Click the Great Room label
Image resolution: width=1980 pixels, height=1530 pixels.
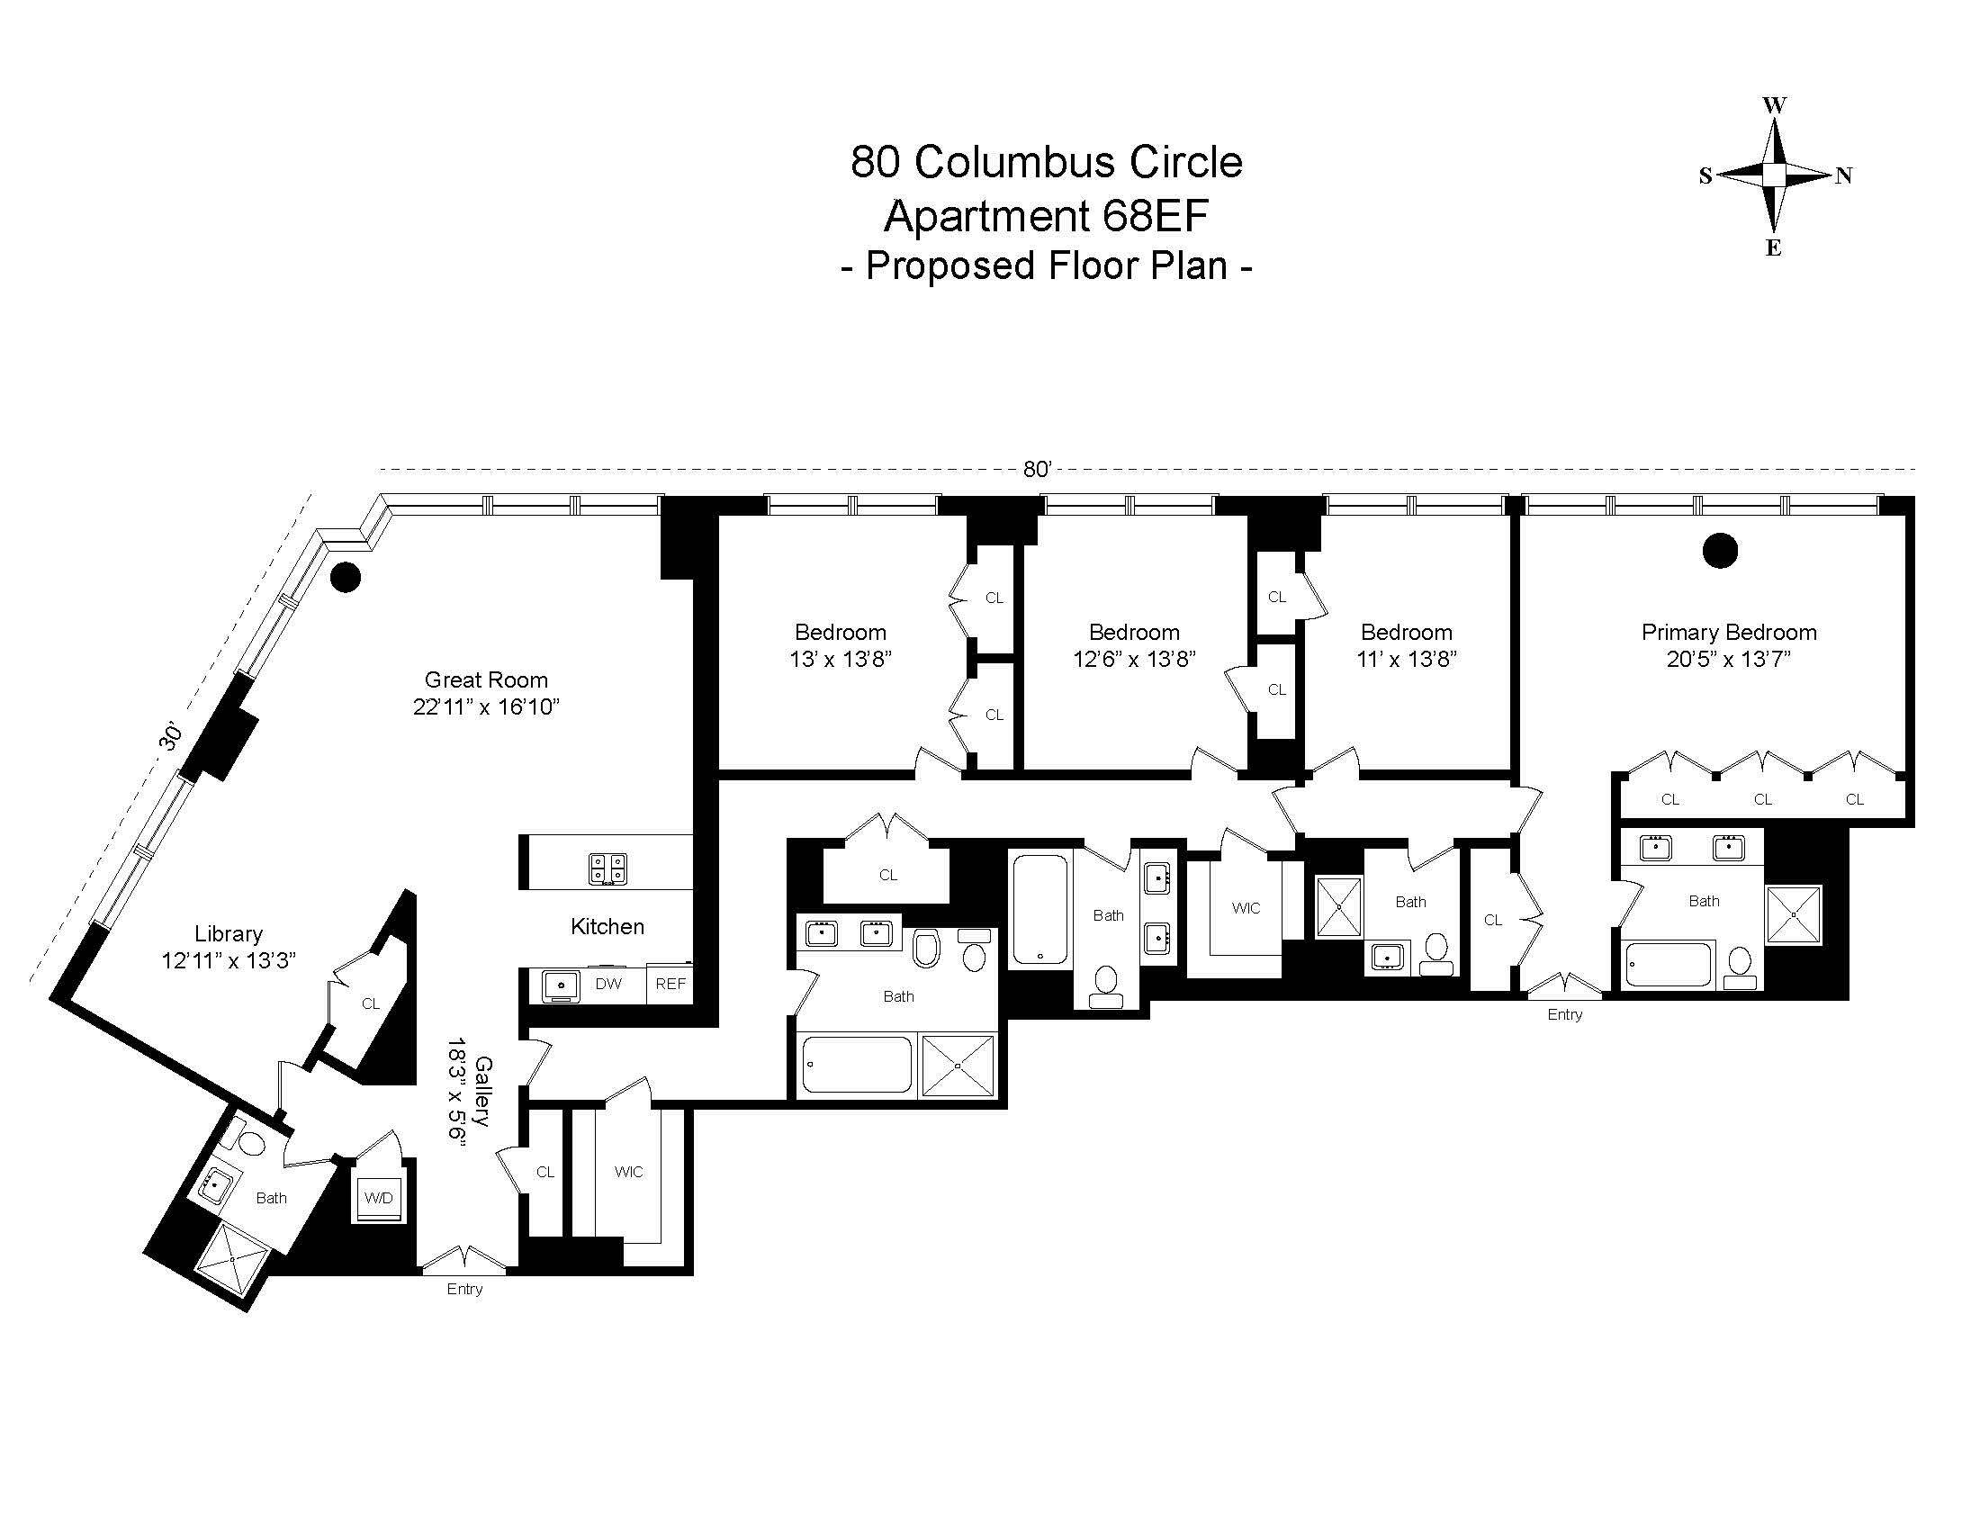point(486,679)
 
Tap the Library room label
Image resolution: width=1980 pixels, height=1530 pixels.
point(229,933)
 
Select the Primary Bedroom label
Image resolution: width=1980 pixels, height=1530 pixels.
point(1728,633)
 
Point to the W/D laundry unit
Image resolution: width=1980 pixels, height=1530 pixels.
point(379,1198)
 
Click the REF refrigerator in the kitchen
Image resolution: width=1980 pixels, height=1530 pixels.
point(670,984)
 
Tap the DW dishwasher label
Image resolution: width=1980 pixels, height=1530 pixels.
point(608,984)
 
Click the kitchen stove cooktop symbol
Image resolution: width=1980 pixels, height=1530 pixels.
point(608,869)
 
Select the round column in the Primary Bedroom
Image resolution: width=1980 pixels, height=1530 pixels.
point(1720,550)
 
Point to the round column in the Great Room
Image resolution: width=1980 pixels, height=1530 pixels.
point(346,577)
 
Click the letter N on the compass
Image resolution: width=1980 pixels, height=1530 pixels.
point(1843,175)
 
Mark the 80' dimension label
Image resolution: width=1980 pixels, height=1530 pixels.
point(1037,469)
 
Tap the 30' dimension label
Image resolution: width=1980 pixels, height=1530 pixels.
point(170,738)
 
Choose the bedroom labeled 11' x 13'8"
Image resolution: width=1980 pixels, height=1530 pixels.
point(1406,645)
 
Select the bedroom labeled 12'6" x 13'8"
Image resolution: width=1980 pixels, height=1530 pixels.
point(1134,645)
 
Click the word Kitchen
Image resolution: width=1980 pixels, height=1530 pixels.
point(607,926)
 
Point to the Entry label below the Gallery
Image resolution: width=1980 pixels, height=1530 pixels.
point(464,1289)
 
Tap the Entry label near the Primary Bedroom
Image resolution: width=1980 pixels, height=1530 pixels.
point(1565,1014)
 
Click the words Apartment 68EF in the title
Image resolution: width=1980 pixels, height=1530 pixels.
point(1046,216)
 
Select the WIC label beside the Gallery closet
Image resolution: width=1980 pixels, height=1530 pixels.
point(628,1172)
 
